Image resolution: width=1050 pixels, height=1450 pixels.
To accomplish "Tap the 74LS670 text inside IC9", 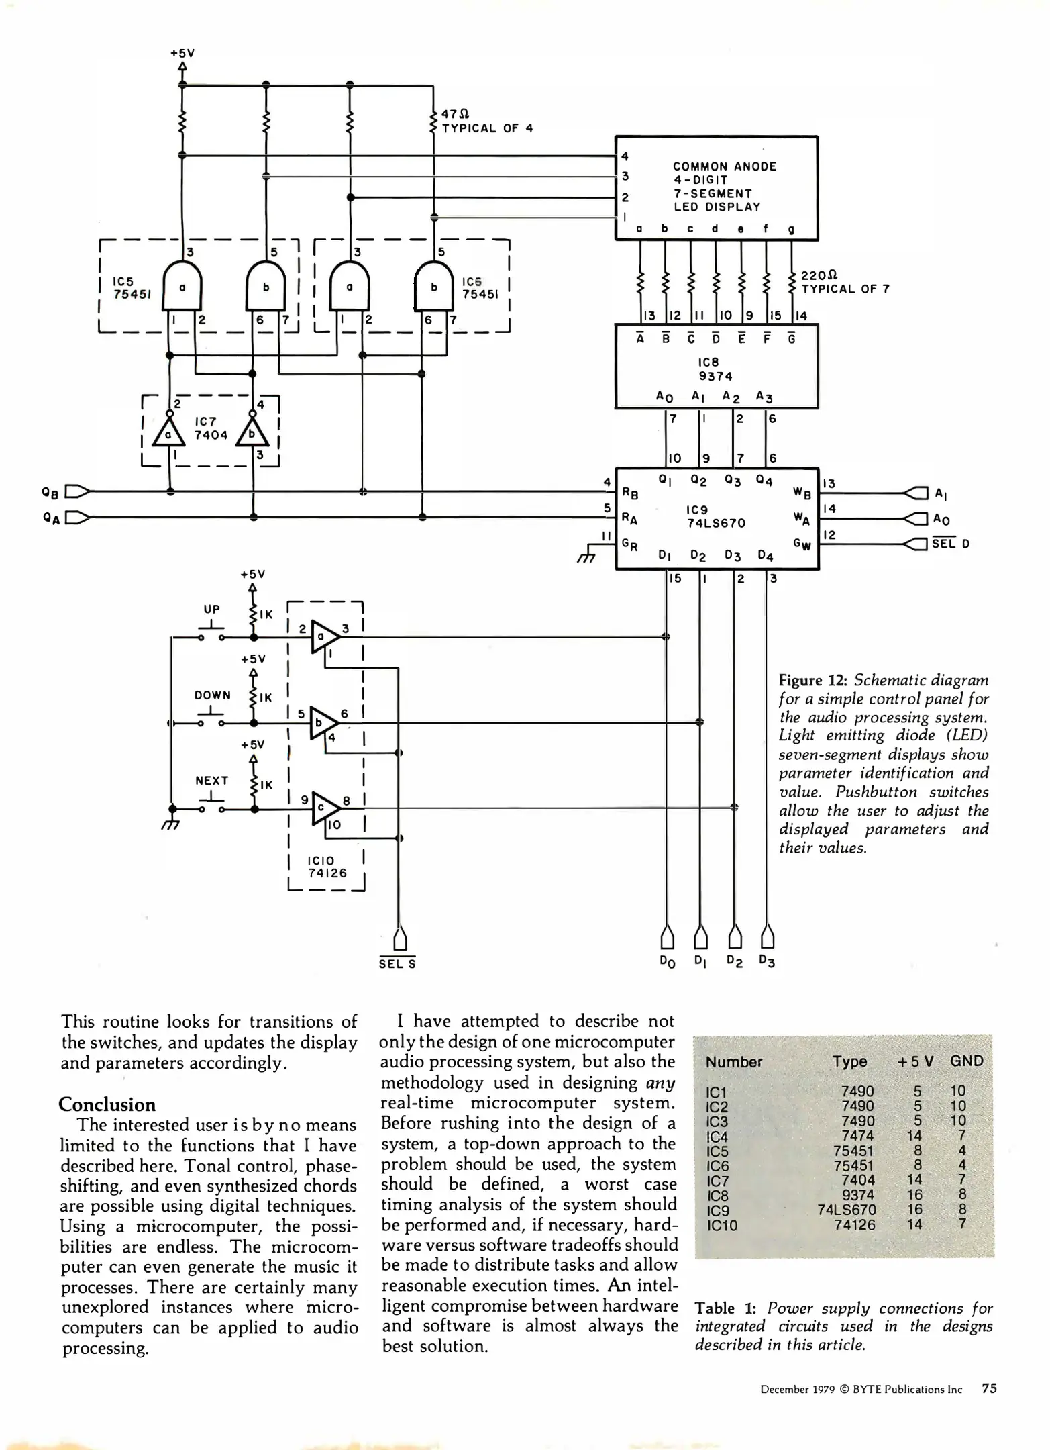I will click(716, 523).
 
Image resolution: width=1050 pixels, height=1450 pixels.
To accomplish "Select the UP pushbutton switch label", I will click(212, 609).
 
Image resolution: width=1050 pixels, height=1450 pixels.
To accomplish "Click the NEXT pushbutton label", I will click(212, 780).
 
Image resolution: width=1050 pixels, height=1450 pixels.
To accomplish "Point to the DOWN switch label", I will click(213, 695).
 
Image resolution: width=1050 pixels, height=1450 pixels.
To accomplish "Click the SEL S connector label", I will click(397, 964).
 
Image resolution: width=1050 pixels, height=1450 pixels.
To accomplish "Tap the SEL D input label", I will click(951, 544).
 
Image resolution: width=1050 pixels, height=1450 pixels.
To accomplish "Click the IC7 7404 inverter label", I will click(211, 428).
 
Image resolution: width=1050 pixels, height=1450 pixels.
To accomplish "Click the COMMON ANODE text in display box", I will click(725, 166).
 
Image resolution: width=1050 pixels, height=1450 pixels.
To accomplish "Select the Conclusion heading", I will click(107, 1104).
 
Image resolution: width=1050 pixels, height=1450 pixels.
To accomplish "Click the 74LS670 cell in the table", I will click(847, 1210).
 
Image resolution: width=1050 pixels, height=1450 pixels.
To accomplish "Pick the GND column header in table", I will click(966, 1061).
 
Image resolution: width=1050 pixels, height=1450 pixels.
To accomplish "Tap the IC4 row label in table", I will click(717, 1137).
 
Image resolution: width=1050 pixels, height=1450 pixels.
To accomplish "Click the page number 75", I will click(989, 1388).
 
